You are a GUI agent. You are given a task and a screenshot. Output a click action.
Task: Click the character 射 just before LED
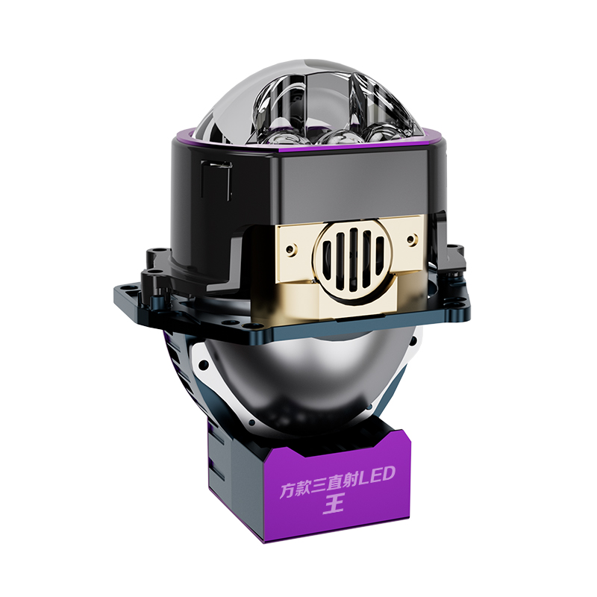(348, 481)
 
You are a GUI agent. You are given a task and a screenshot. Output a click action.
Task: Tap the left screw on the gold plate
(290, 250)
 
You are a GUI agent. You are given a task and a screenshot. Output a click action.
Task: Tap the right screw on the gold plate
(411, 240)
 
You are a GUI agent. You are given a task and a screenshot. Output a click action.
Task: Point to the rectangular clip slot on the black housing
(216, 180)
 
